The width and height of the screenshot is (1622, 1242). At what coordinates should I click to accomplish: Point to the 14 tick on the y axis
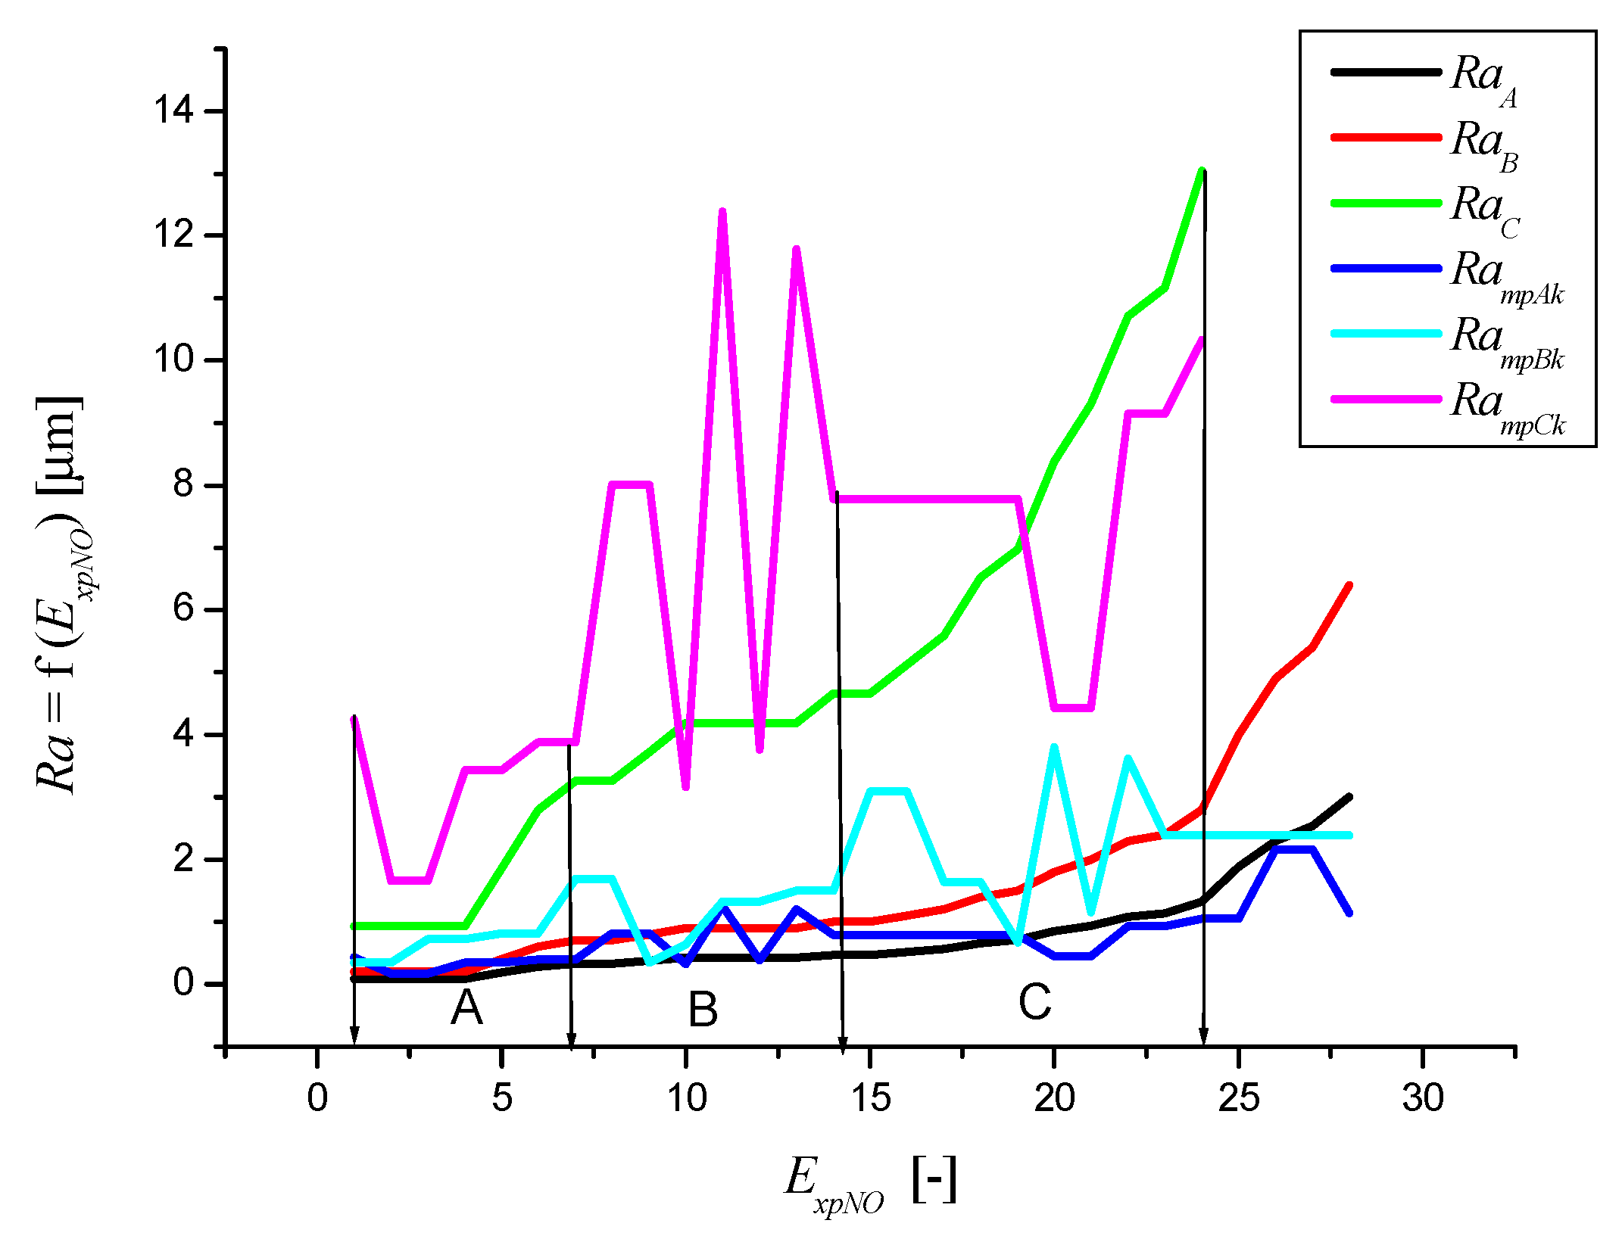(x=173, y=111)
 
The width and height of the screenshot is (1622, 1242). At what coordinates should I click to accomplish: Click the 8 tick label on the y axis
(x=183, y=484)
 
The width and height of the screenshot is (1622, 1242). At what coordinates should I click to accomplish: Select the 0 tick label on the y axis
(x=183, y=983)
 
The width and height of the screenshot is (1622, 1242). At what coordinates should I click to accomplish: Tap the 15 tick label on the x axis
(x=870, y=1097)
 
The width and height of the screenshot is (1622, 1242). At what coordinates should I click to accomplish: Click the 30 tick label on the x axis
(x=1423, y=1097)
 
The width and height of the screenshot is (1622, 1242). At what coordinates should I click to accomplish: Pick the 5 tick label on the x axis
(x=501, y=1097)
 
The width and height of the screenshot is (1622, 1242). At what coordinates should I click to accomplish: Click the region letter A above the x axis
(x=466, y=1008)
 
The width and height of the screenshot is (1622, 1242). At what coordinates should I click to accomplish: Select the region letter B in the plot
(x=703, y=1010)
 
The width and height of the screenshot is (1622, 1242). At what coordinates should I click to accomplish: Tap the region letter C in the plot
(x=1034, y=1002)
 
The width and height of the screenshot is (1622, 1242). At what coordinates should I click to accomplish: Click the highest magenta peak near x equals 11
(x=722, y=212)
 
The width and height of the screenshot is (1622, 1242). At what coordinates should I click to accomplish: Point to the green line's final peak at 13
(x=1202, y=171)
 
